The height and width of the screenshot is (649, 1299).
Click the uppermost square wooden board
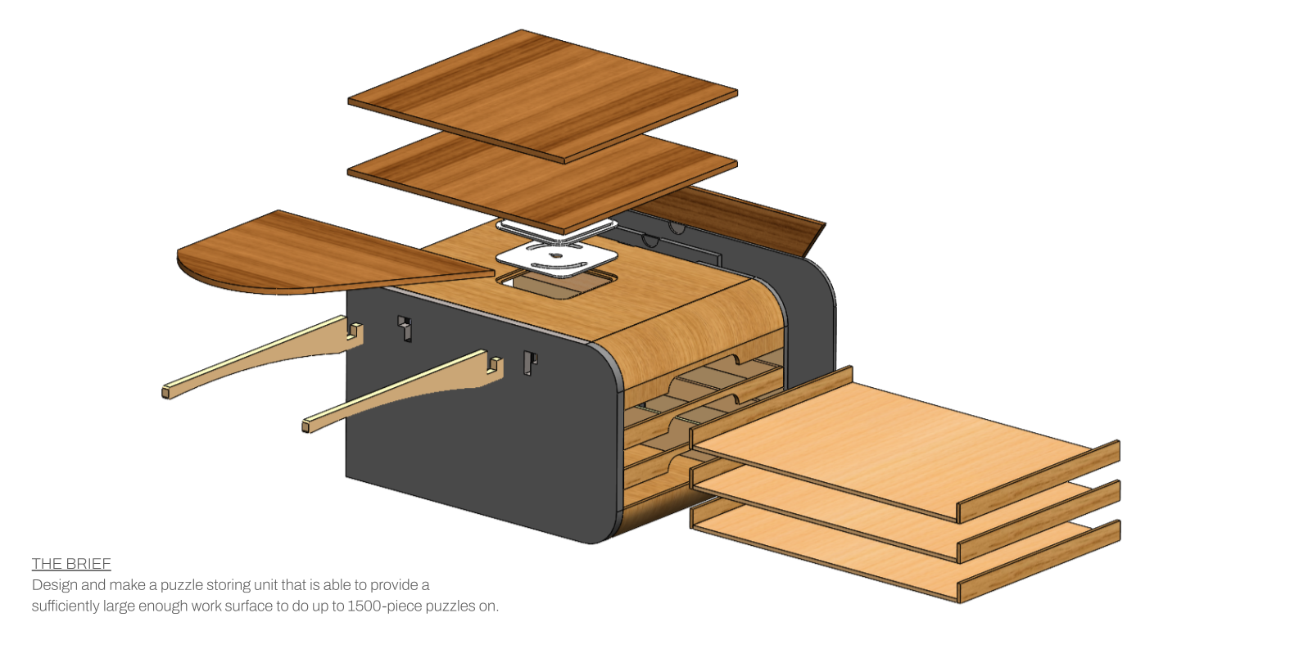[542, 94]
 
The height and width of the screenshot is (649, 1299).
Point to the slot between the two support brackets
[405, 328]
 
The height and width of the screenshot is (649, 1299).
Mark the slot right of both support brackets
[530, 363]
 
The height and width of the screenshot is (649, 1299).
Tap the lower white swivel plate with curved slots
[557, 259]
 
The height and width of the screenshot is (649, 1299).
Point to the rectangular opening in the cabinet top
[557, 286]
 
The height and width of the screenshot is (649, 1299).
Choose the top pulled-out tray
[901, 442]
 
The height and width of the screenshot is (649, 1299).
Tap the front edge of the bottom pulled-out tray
[1039, 581]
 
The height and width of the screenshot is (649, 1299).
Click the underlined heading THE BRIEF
[71, 564]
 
